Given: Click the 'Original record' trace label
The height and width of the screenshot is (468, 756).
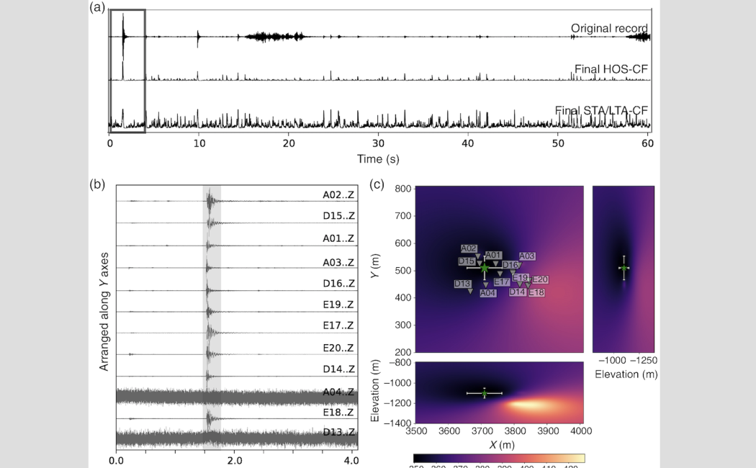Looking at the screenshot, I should pos(609,28).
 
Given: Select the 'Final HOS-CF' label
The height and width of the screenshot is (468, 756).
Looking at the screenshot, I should pos(612,69).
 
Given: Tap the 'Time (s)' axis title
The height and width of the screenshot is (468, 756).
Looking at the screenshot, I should pos(379,157).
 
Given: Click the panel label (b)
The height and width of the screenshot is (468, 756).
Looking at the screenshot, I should pos(98,184).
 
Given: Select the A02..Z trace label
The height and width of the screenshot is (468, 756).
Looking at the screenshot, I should pos(338,194).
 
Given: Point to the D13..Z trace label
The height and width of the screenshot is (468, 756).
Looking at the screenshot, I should pos(338,432).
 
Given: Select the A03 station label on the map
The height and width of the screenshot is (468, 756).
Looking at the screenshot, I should pos(527,256).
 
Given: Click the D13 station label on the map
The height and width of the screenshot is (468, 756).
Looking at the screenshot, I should pos(462,284).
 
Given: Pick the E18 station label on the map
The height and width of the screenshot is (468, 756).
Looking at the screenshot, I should pos(536,292).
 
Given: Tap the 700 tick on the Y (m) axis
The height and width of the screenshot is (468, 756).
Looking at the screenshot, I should pos(402,216).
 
